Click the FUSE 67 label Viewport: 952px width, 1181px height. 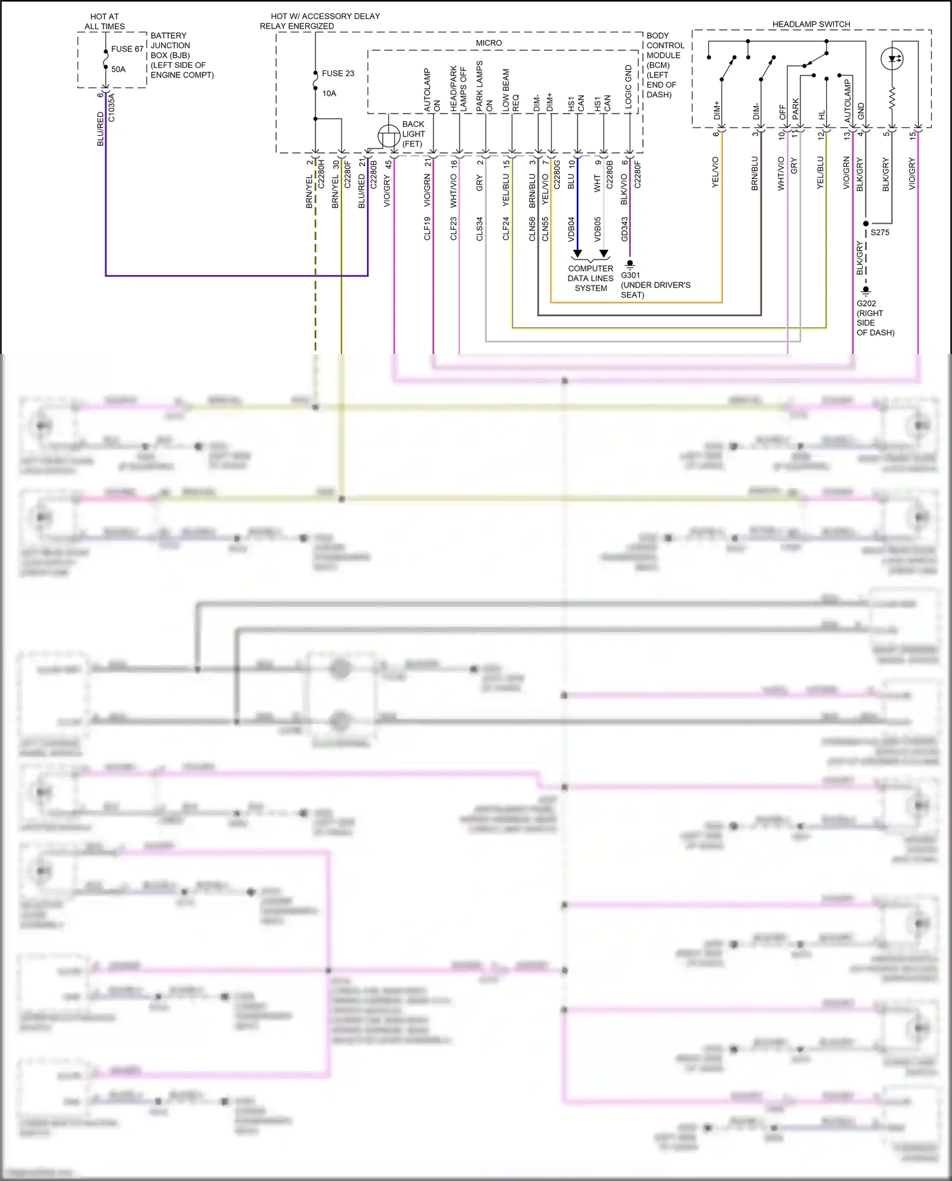pos(127,49)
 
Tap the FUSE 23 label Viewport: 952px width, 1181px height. pos(338,74)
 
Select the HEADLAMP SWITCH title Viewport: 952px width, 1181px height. pos(811,24)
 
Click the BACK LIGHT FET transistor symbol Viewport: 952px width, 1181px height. pos(388,136)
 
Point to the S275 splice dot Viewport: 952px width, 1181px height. pos(866,224)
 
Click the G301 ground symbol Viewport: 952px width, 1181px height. pos(630,264)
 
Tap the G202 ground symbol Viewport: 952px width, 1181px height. pos(866,291)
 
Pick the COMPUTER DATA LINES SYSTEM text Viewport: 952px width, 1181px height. pos(590,278)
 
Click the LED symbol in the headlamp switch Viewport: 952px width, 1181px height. pos(892,59)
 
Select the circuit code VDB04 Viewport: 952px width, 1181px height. pos(571,229)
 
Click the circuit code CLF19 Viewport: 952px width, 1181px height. pos(427,228)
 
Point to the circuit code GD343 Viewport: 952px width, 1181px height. pos(625,229)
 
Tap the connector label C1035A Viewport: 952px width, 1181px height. pos(112,107)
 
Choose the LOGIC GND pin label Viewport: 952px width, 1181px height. pos(628,88)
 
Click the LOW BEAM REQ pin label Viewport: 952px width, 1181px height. pos(511,91)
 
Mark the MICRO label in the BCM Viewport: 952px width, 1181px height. pos(489,43)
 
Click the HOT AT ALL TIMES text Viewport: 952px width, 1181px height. pos(105,22)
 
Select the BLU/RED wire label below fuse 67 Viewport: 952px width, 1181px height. pos(100,129)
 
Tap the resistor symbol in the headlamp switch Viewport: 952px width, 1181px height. pos(892,98)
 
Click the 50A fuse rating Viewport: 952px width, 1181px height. pos(119,69)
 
